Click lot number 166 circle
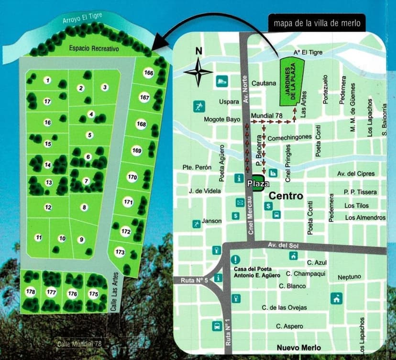click(149, 73)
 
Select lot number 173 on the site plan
click(120, 252)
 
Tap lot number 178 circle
click(31, 292)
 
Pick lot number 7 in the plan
click(86, 181)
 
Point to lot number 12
click(48, 207)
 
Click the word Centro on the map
click(286, 196)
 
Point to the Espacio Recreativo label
click(94, 49)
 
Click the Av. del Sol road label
click(282, 245)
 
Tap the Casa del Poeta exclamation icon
click(235, 260)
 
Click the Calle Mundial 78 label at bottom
click(79, 344)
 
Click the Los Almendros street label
click(365, 218)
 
